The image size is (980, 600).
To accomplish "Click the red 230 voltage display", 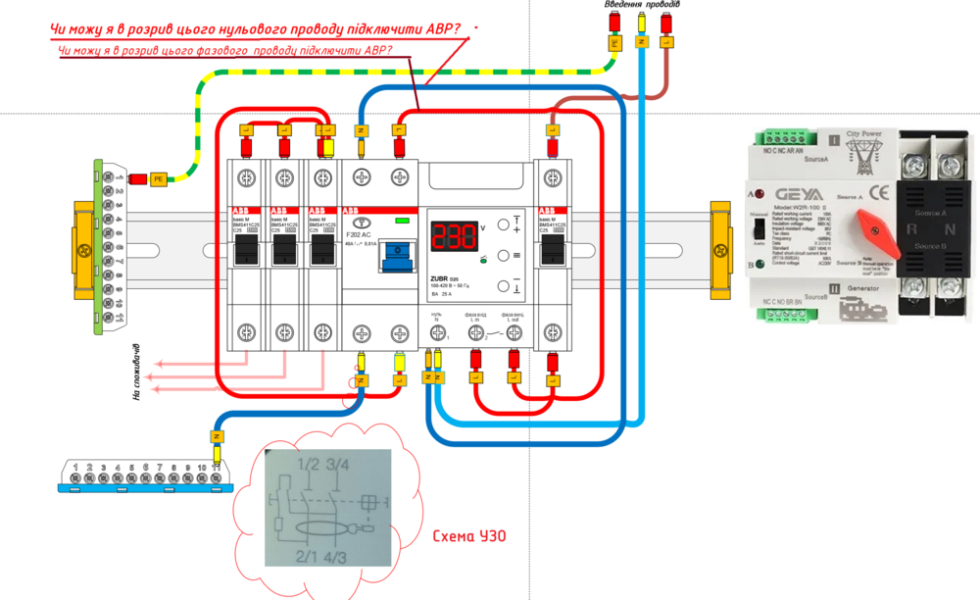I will [x=451, y=236].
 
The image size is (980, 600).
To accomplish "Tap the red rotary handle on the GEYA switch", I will [x=876, y=227].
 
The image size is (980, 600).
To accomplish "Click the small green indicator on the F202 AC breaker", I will [x=399, y=221].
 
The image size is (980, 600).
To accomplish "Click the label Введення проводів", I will [x=642, y=5].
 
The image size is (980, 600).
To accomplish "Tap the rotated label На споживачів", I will [x=137, y=373].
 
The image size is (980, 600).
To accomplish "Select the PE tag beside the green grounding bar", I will [x=159, y=178].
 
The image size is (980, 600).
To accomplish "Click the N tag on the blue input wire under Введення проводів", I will [x=642, y=42].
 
